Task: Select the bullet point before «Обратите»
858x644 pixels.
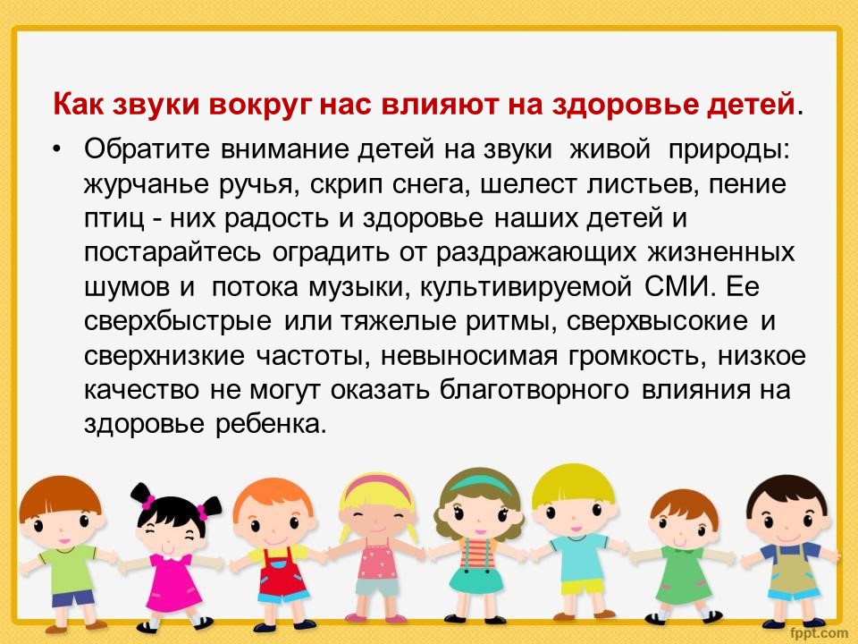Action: coord(56,149)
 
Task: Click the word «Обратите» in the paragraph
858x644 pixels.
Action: coord(147,149)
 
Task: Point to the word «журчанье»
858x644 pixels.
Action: coord(146,184)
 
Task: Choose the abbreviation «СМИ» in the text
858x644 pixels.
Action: coord(679,287)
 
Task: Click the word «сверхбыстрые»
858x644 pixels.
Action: coord(177,321)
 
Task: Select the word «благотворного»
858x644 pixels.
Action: coord(534,390)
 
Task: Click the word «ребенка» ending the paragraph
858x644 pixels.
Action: coord(271,424)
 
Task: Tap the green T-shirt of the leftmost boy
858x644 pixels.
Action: coord(69,568)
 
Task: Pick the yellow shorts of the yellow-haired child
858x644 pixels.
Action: coord(581,587)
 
